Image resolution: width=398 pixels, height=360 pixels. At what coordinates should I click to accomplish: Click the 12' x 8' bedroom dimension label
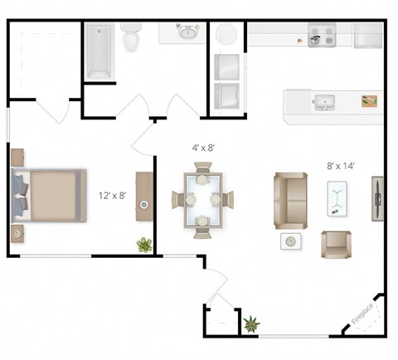click(x=112, y=196)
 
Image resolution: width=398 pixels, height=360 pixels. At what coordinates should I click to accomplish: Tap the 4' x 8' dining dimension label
click(x=204, y=148)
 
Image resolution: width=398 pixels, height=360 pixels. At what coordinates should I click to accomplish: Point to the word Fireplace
click(x=363, y=313)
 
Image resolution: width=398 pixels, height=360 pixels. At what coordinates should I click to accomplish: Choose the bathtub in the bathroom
click(x=99, y=51)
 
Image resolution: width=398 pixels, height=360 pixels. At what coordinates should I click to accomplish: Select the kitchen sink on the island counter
click(x=323, y=103)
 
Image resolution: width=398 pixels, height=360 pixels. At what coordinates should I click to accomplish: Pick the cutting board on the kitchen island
click(x=370, y=101)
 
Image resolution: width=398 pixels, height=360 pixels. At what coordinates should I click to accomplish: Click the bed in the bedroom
click(x=50, y=195)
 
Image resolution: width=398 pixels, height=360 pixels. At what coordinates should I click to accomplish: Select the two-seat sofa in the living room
click(x=289, y=200)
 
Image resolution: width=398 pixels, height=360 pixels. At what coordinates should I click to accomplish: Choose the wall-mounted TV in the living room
click(x=377, y=199)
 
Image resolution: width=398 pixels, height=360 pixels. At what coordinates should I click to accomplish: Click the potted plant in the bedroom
click(x=144, y=244)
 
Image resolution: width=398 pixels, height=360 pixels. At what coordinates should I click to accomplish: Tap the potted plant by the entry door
click(x=251, y=322)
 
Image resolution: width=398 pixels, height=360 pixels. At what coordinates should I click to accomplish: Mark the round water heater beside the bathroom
click(x=227, y=35)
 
